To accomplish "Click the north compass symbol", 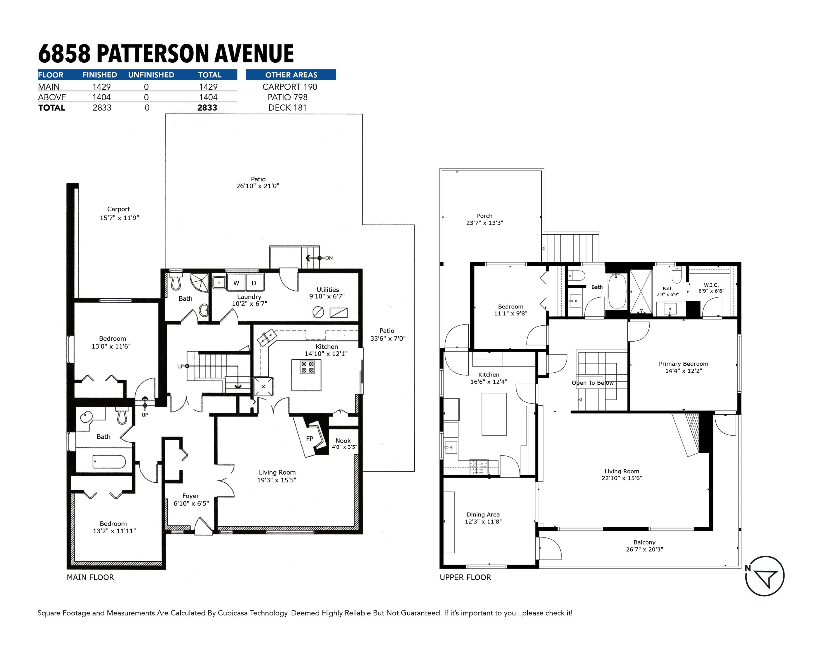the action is (x=765, y=576).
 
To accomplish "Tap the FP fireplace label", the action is (x=310, y=439).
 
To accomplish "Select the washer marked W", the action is (x=236, y=283).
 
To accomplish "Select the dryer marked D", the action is (x=254, y=283).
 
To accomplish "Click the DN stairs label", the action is (x=329, y=258).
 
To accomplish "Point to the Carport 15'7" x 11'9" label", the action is (x=119, y=214).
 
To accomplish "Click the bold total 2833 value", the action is (x=207, y=108).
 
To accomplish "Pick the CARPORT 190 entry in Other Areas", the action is (x=290, y=87).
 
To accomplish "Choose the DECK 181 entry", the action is (x=288, y=108).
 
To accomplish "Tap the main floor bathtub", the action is (x=109, y=462).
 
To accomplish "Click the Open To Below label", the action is (x=593, y=383).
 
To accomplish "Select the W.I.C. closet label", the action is (x=711, y=285).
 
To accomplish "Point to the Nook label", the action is (x=343, y=441).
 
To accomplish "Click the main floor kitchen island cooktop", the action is (x=307, y=367).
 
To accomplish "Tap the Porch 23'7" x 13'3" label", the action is (x=485, y=219).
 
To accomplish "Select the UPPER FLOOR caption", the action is (x=466, y=577).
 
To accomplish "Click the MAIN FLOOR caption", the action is (x=90, y=577).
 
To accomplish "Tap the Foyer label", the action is (x=191, y=496).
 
